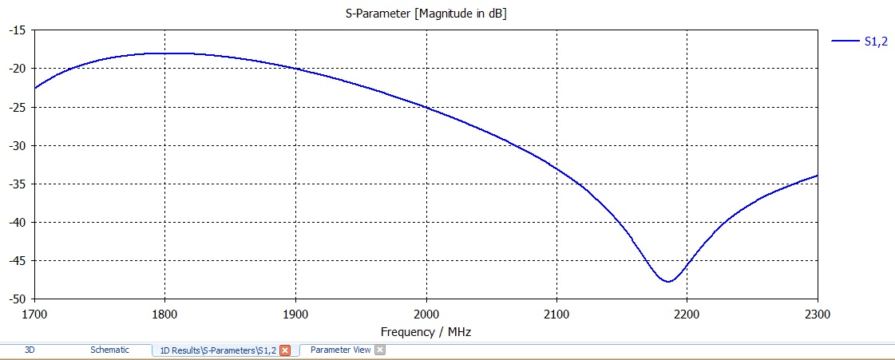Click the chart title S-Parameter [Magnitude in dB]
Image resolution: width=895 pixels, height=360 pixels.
click(431, 14)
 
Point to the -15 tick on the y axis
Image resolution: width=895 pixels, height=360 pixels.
click(17, 30)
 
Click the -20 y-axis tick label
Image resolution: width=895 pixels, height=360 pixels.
click(17, 69)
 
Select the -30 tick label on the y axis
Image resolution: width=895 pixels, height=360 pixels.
click(17, 145)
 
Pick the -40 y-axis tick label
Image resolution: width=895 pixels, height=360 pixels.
click(17, 222)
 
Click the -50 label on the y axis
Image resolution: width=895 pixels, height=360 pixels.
click(17, 299)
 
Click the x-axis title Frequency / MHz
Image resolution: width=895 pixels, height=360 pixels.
click(431, 330)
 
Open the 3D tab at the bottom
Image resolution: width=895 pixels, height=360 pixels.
click(30, 350)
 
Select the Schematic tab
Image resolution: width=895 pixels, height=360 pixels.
click(109, 350)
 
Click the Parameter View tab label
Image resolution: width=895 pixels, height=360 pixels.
click(340, 350)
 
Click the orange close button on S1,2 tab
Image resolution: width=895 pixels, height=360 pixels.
click(285, 350)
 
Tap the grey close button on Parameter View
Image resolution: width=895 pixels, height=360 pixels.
click(380, 350)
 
